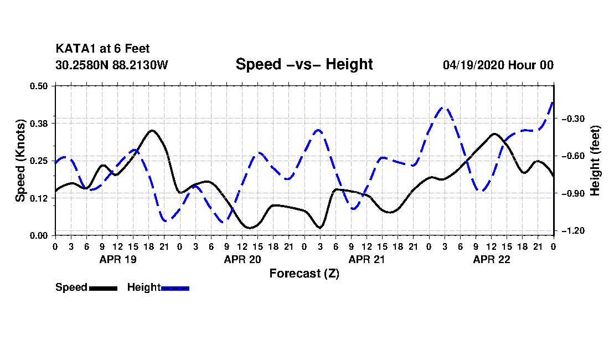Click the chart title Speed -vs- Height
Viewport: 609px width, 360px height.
point(304,64)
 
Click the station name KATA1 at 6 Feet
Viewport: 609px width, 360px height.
point(102,49)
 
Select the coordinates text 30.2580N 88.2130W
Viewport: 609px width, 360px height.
point(112,65)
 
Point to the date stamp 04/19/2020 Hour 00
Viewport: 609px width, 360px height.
point(498,65)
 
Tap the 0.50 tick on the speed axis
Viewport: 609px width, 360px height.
point(38,86)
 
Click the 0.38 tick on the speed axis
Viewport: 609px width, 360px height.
point(38,124)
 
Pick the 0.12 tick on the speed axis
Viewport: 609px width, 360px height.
point(38,198)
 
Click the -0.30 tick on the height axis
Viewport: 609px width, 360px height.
point(573,119)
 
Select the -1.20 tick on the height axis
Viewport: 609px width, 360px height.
point(573,231)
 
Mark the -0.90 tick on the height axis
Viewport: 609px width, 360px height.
point(573,193)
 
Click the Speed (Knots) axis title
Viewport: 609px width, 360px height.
point(20,161)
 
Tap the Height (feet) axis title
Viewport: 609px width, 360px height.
point(595,161)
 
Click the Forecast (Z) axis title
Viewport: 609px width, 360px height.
point(304,274)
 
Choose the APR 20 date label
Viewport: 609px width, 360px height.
point(242,259)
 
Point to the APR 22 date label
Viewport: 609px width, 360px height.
point(491,259)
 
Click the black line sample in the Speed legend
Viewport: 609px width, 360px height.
point(104,288)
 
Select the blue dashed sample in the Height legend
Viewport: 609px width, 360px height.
point(175,288)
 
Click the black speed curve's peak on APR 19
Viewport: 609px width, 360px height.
point(152,131)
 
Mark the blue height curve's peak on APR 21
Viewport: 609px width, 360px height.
point(318,130)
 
